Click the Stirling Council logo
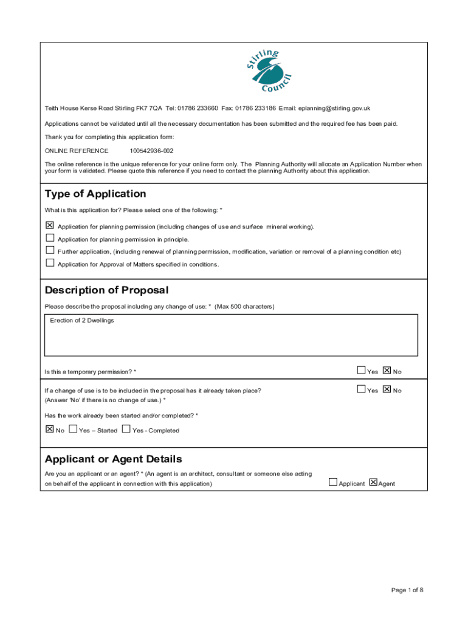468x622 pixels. pyautogui.click(x=270, y=71)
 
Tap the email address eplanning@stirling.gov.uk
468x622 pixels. pyautogui.click(x=334, y=108)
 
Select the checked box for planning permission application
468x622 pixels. pyautogui.click(x=50, y=225)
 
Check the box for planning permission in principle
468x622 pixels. pyautogui.click(x=50, y=238)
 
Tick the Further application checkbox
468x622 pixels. pyautogui.click(x=50, y=250)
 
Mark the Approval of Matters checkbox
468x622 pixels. pyautogui.click(x=50, y=263)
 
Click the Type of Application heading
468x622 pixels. pyautogui.click(x=95, y=194)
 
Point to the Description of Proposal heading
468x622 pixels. pyautogui.click(x=106, y=290)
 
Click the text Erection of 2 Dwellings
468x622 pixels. pyautogui.click(x=82, y=321)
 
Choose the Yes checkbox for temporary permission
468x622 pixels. pyautogui.click(x=361, y=370)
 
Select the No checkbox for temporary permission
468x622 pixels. pyautogui.click(x=387, y=370)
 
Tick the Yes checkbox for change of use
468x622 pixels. pyautogui.click(x=361, y=389)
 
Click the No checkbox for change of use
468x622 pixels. pyautogui.click(x=387, y=389)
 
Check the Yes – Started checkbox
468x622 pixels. pyautogui.click(x=73, y=429)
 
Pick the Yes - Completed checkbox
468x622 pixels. pyautogui.click(x=126, y=429)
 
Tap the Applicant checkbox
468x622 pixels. pyautogui.click(x=332, y=482)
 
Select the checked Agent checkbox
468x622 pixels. pyautogui.click(x=373, y=482)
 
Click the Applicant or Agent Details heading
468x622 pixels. pyautogui.click(x=113, y=459)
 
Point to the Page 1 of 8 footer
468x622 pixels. pyautogui.click(x=407, y=589)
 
